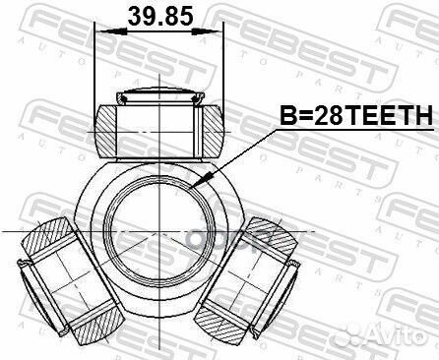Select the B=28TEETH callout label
[x=356, y=116]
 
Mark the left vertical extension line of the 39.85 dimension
[x=95, y=69]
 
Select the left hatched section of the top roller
[x=108, y=129]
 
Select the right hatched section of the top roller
[x=208, y=129]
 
